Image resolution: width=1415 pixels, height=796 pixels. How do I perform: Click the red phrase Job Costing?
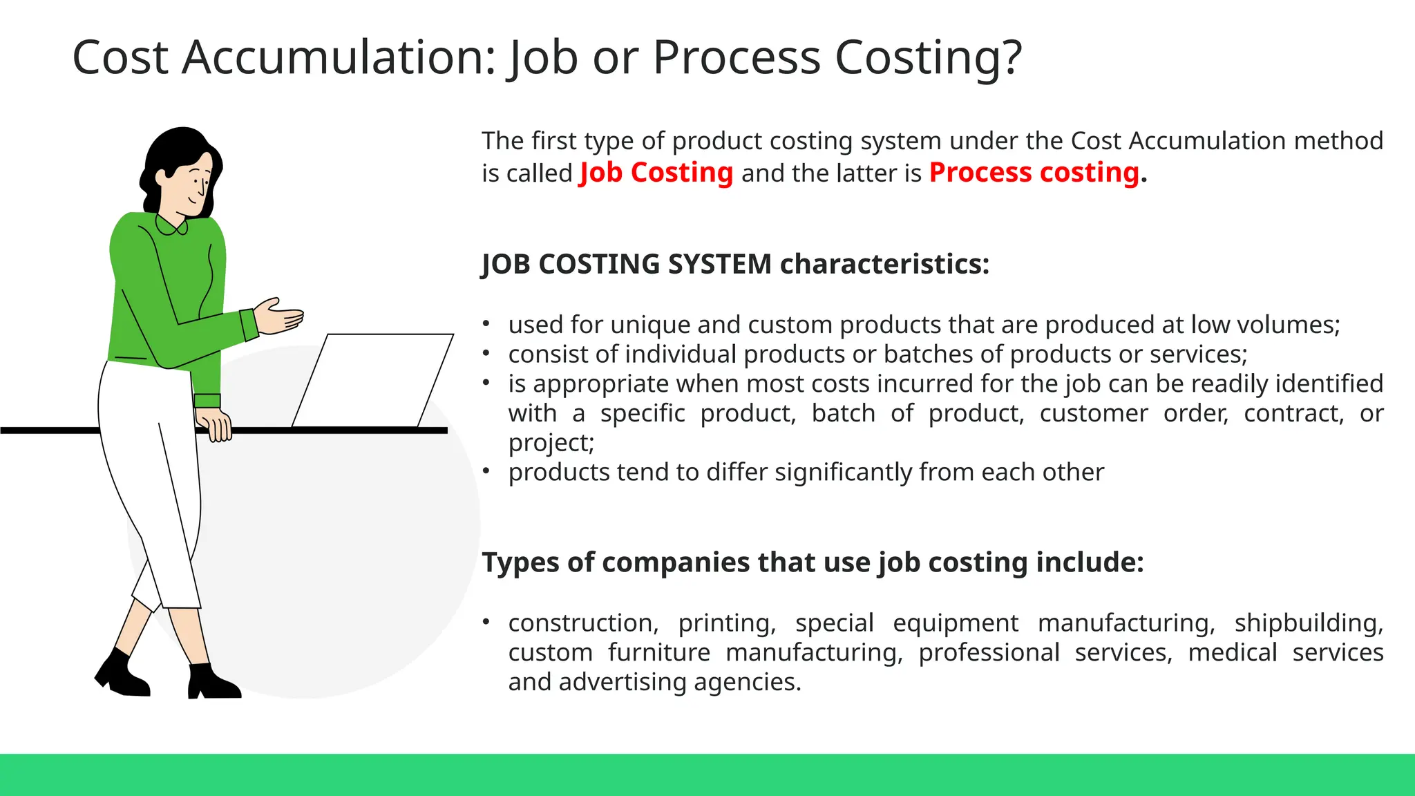pyautogui.click(x=656, y=173)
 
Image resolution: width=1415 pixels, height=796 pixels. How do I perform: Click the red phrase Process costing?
pyautogui.click(x=1034, y=173)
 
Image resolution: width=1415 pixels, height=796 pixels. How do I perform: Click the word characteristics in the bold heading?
pyautogui.click(x=884, y=265)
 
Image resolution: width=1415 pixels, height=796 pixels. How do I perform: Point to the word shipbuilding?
pyautogui.click(x=1308, y=623)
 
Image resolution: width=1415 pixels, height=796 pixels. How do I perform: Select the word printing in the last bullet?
pyautogui.click(x=727, y=623)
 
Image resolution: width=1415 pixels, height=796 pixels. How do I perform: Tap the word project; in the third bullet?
pyautogui.click(x=551, y=443)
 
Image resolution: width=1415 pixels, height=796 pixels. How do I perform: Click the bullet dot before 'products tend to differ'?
pyautogui.click(x=486, y=471)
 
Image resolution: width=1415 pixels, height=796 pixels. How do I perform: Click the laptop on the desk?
pyautogui.click(x=373, y=380)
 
